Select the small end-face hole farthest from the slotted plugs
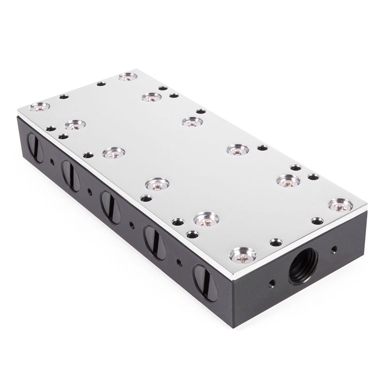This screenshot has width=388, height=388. click(x=333, y=250)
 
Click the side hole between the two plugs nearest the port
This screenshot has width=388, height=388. click(x=178, y=262)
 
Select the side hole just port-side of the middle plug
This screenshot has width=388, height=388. click(x=132, y=224)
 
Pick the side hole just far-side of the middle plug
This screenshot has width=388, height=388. click(x=89, y=191)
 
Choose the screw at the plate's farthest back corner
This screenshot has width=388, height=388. click(x=127, y=77)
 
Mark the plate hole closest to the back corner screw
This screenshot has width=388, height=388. click(x=101, y=83)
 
